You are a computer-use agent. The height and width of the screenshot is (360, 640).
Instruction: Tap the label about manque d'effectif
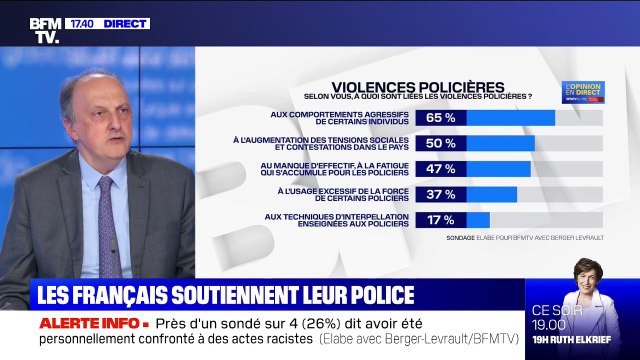(344, 168)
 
